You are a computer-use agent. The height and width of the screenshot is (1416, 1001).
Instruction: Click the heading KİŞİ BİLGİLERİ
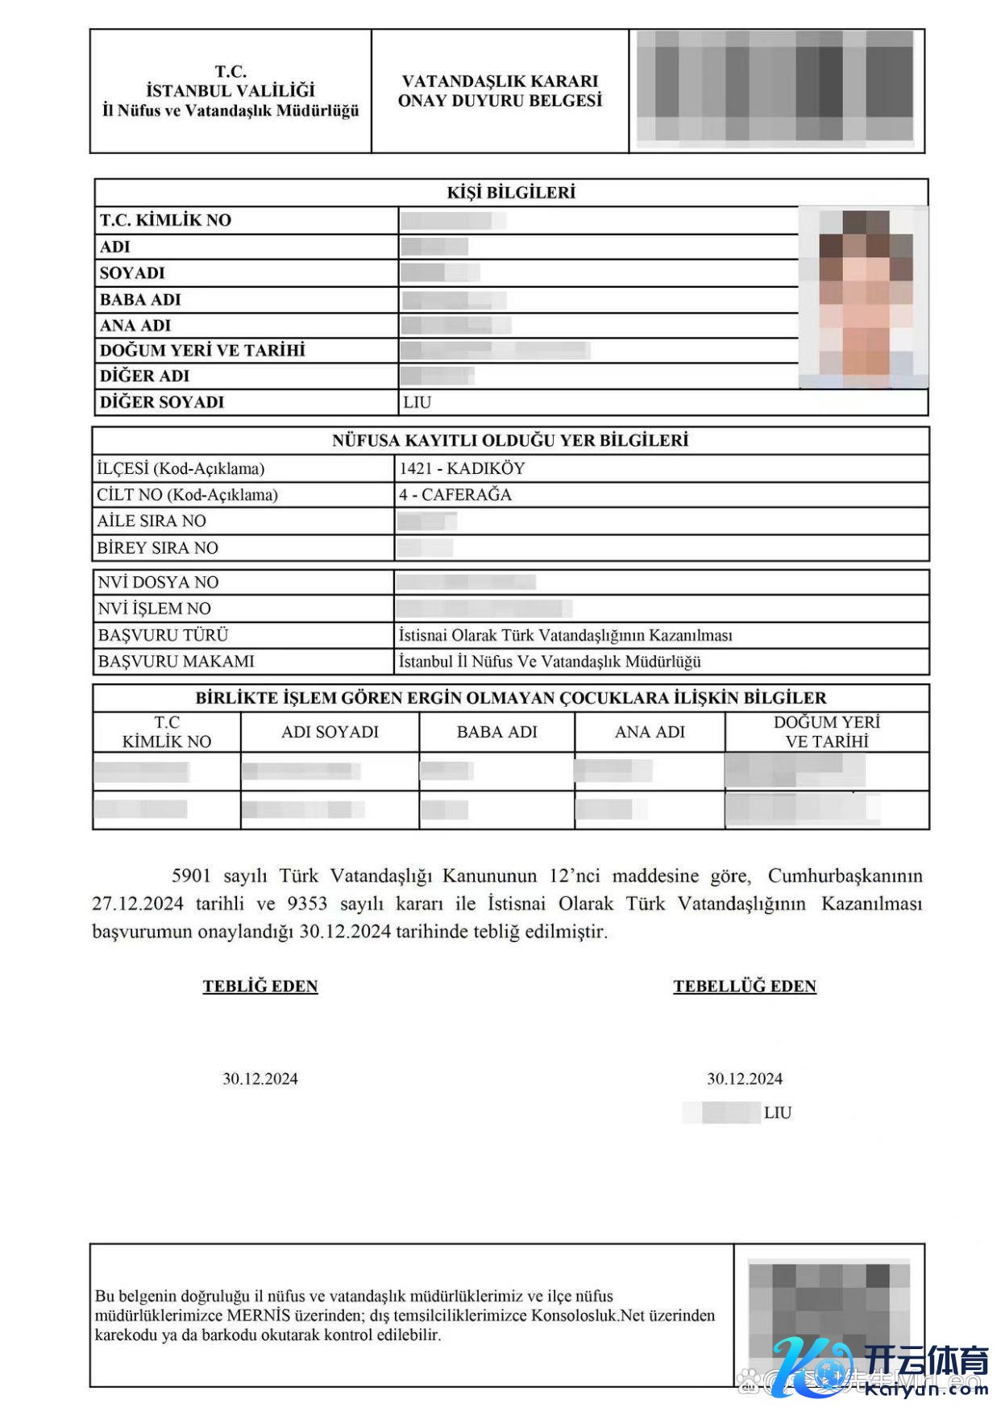coord(511,193)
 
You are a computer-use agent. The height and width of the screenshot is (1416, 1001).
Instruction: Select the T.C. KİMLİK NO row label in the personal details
coord(165,220)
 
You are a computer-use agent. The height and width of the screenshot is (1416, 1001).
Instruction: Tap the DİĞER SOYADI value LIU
coord(417,402)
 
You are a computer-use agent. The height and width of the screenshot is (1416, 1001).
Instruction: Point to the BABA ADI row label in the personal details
coord(140,300)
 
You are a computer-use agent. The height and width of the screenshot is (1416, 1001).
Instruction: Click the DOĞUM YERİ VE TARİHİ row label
coord(202,351)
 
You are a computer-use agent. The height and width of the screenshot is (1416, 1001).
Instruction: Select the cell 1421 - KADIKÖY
coord(462,468)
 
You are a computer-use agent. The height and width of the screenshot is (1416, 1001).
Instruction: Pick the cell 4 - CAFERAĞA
coord(455,495)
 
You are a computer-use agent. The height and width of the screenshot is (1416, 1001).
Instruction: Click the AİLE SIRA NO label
coord(152,521)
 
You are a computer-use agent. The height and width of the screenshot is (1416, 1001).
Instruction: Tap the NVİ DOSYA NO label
coord(158,582)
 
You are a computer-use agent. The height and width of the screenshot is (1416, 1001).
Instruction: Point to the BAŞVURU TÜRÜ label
coord(164,635)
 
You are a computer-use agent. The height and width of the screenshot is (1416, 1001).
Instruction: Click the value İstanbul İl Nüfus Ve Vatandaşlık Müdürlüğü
coord(550,662)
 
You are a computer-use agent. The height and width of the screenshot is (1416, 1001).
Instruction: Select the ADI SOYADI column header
coord(330,732)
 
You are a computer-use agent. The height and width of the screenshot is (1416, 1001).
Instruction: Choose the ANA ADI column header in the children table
coord(650,732)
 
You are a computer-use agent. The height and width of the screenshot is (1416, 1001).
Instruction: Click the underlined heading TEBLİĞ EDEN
coord(260,986)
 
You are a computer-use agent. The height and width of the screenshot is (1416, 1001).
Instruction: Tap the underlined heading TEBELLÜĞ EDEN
coord(745,986)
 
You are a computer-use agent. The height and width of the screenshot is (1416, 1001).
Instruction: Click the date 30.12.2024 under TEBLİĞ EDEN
coord(260,1079)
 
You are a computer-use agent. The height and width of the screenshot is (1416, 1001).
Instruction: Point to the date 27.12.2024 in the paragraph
coord(138,903)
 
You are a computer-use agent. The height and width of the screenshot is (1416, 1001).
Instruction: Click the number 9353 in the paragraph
coord(307,903)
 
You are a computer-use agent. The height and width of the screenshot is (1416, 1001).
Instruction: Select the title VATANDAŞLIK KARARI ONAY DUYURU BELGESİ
coord(500,91)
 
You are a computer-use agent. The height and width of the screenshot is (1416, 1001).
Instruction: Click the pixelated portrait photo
coord(863,297)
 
